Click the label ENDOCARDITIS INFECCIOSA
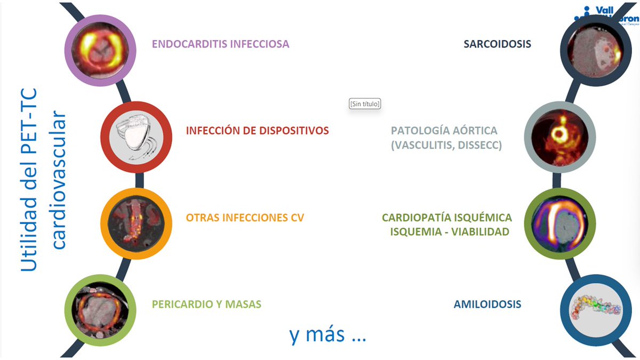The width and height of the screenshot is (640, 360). tap(220, 44)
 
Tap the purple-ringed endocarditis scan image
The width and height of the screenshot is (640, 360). tap(98, 51)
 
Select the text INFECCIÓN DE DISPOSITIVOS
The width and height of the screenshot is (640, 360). tap(257, 130)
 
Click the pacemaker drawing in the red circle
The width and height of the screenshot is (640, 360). tap(135, 137)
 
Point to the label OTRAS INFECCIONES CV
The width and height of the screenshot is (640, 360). tap(245, 218)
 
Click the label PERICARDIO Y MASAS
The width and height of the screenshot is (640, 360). tap(206, 305)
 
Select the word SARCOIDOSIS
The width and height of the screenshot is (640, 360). tap(497, 44)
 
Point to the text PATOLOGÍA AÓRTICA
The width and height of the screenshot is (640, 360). tap(444, 131)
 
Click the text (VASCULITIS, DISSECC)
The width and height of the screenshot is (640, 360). tap(446, 145)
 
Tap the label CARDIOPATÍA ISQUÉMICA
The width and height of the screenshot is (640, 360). tap(446, 218)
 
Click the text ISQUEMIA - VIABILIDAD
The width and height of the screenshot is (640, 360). tap(450, 231)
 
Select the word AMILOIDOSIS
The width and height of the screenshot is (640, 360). tap(487, 305)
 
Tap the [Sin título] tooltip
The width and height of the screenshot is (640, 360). tap(365, 104)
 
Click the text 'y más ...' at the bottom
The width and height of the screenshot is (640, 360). tap(327, 335)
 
